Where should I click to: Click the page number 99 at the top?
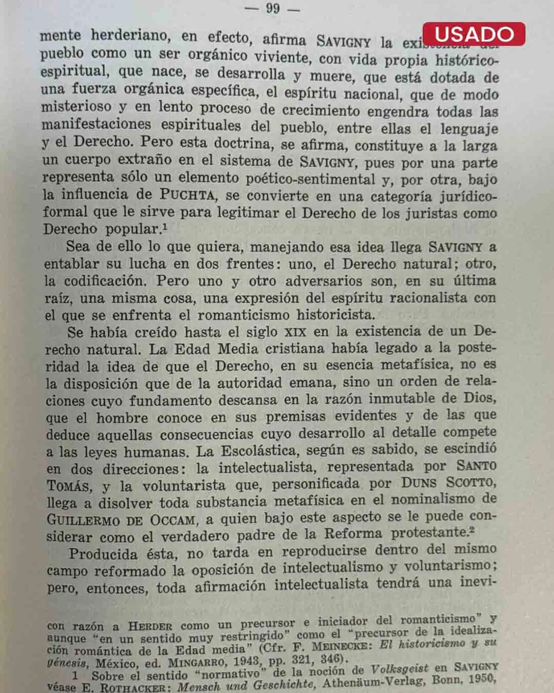pos(272,8)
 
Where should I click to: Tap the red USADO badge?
pos(474,34)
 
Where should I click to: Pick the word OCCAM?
pos(172,519)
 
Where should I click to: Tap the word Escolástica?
pos(260,451)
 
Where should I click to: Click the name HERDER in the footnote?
pos(150,626)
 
